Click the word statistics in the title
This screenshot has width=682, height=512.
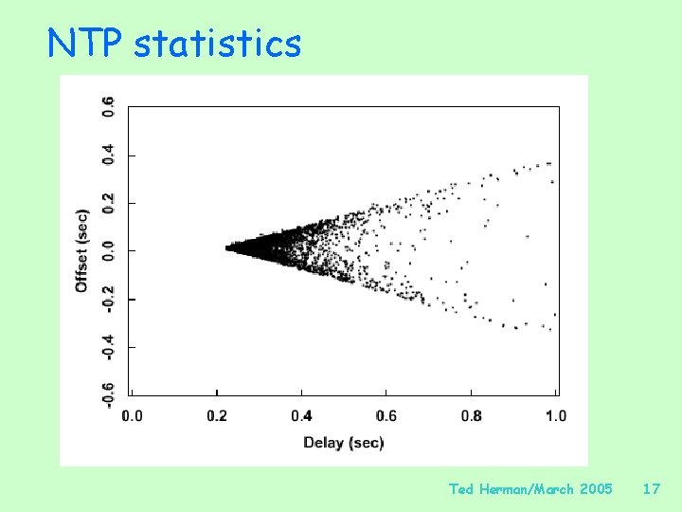point(217,44)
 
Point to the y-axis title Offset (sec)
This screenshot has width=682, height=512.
point(82,250)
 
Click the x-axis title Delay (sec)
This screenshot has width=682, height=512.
point(343,442)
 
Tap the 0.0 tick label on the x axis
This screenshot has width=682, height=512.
point(133,415)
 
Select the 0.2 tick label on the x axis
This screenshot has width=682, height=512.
point(217,415)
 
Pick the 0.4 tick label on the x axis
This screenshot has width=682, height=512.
point(302,415)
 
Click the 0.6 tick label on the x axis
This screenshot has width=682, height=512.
point(386,415)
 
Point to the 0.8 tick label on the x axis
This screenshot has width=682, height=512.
point(472,415)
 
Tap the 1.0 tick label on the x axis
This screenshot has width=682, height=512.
point(555,415)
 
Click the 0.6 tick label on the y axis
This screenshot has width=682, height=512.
point(109,107)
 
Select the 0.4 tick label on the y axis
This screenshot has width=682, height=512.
point(109,155)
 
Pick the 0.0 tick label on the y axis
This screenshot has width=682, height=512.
point(109,249)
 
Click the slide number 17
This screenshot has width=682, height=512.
point(651,489)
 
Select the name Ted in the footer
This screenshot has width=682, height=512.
point(461,489)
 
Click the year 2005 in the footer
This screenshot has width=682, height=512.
point(595,489)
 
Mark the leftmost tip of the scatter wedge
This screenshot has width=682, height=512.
point(227,247)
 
